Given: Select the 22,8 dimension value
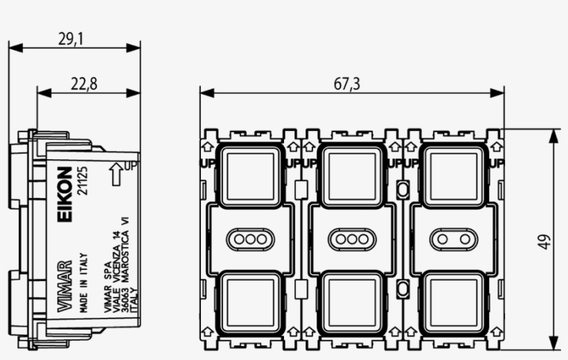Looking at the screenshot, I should pyautogui.click(x=84, y=84).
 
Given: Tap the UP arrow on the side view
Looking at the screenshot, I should pyautogui.click(x=117, y=175).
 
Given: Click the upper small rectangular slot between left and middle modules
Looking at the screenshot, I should pyautogui.click(x=301, y=189).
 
